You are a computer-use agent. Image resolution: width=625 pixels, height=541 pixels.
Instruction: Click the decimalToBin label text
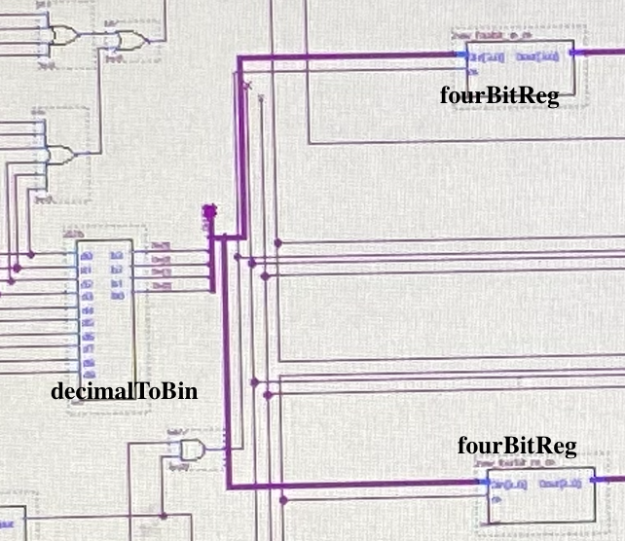coord(124,392)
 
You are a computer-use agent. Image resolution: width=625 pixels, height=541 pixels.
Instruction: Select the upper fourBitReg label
coord(499,96)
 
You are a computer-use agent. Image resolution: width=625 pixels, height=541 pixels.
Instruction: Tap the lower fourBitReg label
coord(517,447)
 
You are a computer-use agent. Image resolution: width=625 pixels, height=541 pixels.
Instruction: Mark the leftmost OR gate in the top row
coord(64,36)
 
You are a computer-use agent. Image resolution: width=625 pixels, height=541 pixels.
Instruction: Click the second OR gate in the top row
coord(129,40)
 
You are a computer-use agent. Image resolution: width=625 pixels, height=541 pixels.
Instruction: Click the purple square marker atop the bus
coord(209,211)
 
